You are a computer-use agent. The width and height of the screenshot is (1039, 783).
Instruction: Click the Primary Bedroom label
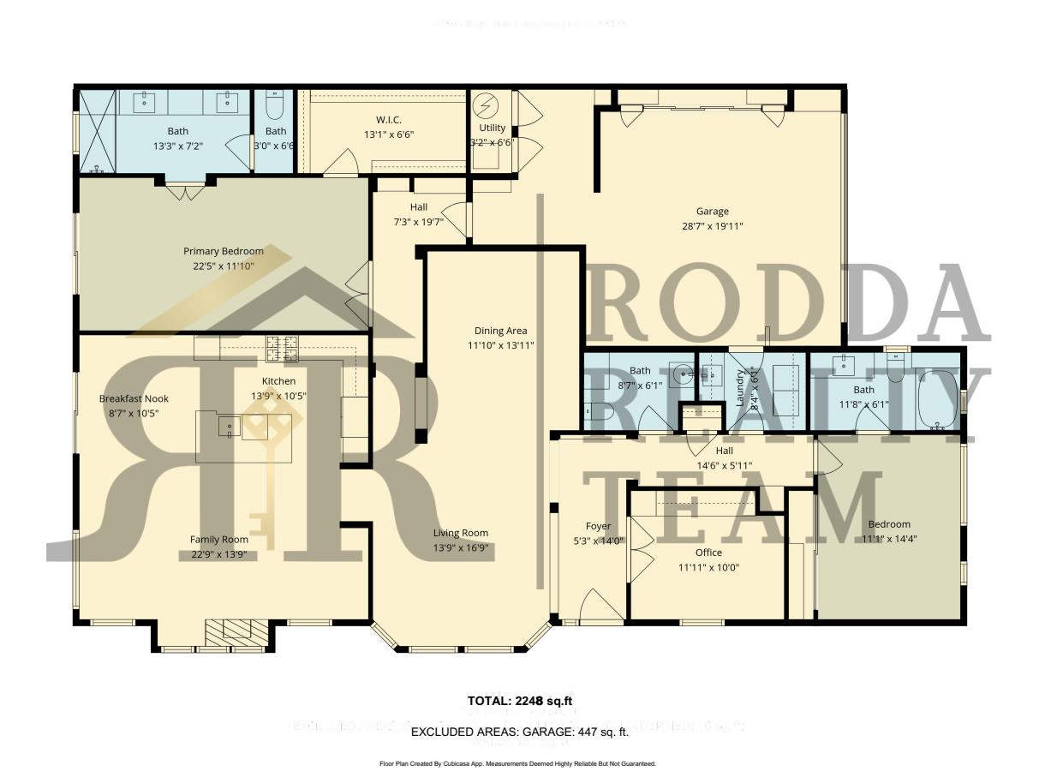tap(224, 251)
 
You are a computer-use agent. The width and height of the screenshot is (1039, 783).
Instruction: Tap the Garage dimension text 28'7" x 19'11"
tap(712, 226)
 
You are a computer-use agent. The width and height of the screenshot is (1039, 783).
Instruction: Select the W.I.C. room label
tap(383, 120)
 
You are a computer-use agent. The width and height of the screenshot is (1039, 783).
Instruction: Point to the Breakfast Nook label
tap(134, 399)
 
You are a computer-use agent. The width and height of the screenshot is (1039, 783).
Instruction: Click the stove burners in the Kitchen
tap(283, 347)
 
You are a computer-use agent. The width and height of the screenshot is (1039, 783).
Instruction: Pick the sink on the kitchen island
tap(230, 426)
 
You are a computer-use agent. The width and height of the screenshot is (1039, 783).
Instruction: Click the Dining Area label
tap(501, 331)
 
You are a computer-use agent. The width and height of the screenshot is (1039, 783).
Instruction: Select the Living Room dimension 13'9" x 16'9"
tap(460, 547)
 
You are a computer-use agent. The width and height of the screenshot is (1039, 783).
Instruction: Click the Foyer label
tap(598, 526)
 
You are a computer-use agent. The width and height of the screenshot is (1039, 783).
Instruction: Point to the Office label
tap(708, 553)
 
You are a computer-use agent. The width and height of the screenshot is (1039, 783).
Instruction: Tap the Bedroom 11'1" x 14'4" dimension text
tap(889, 539)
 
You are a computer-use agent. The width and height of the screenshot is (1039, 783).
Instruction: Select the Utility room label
tap(493, 129)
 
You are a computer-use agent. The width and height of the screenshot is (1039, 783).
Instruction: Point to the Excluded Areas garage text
tap(520, 732)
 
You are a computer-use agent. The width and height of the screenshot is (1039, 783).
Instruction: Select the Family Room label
tap(218, 540)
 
